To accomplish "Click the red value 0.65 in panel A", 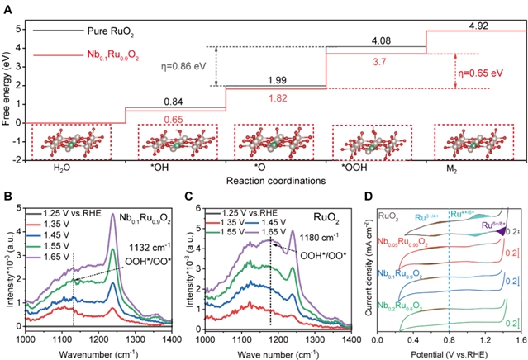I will [174, 120].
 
